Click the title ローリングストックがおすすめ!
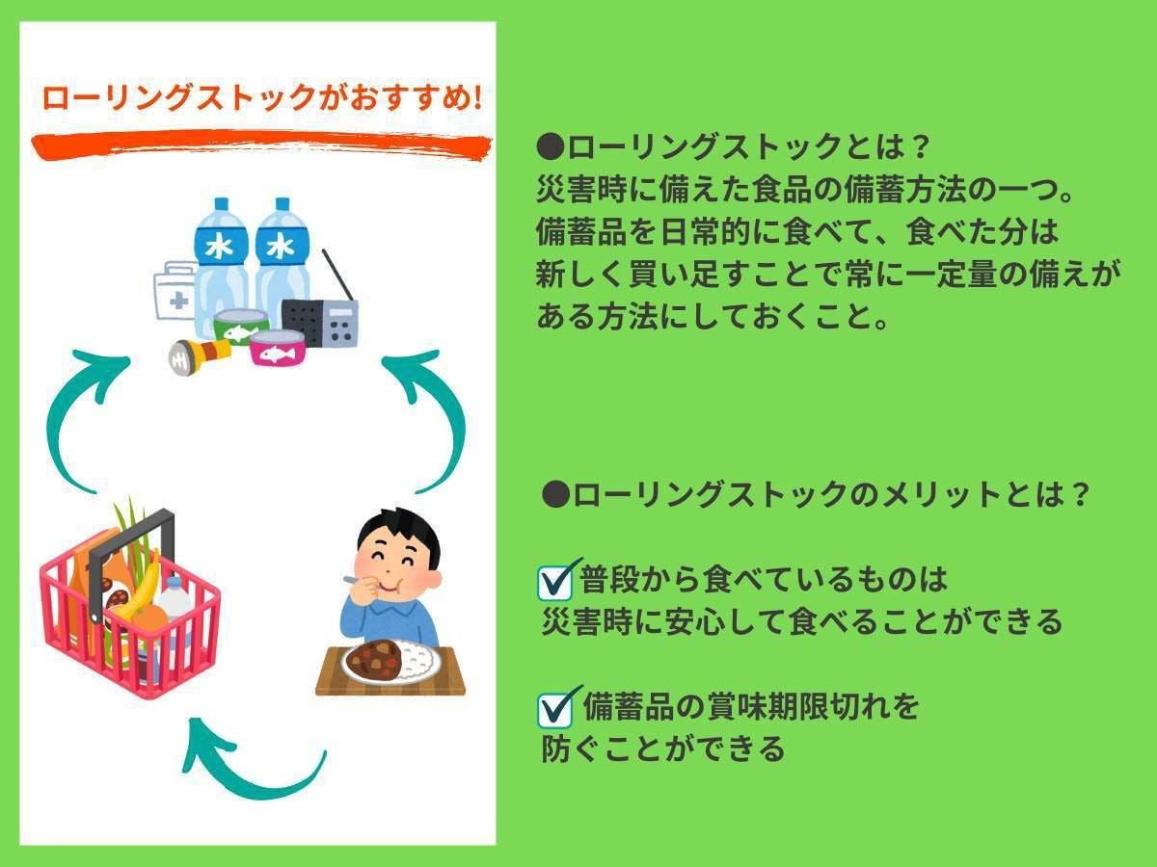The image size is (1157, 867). tap(260, 98)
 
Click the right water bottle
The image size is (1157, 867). tap(282, 255)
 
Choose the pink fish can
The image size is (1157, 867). tap(278, 348)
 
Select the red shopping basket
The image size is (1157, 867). tap(130, 617)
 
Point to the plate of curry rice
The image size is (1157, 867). tap(390, 662)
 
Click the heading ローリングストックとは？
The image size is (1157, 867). tap(733, 148)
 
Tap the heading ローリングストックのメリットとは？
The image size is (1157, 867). tap(816, 495)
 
